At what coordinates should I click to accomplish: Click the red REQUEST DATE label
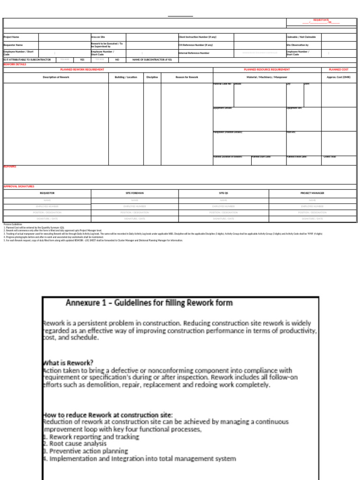pos(321,20)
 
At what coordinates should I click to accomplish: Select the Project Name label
pos(12,37)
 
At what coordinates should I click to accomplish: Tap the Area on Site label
pos(98,37)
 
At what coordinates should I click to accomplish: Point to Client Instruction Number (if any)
pos(197,37)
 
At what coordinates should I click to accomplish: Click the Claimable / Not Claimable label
pos(301,37)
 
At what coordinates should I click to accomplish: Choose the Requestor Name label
pos(13,45)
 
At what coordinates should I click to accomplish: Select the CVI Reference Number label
pos(195,45)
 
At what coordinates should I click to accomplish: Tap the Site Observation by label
pos(297,45)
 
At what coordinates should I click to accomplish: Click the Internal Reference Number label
pos(194,53)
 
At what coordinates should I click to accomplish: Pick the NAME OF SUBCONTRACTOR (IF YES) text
pos(152,60)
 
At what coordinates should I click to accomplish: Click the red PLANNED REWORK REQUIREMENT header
pos(82,69)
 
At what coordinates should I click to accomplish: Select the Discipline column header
pos(152,77)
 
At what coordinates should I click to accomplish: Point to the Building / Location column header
pos(126,77)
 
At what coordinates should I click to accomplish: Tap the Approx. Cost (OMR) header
pos(338,77)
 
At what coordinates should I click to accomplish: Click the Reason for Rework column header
pos(187,77)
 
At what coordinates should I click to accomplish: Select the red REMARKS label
pos(10,166)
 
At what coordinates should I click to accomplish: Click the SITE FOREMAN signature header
pos(135,193)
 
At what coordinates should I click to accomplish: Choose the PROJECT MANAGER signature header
pos(312,193)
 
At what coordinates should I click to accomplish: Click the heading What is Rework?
pos(68,362)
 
